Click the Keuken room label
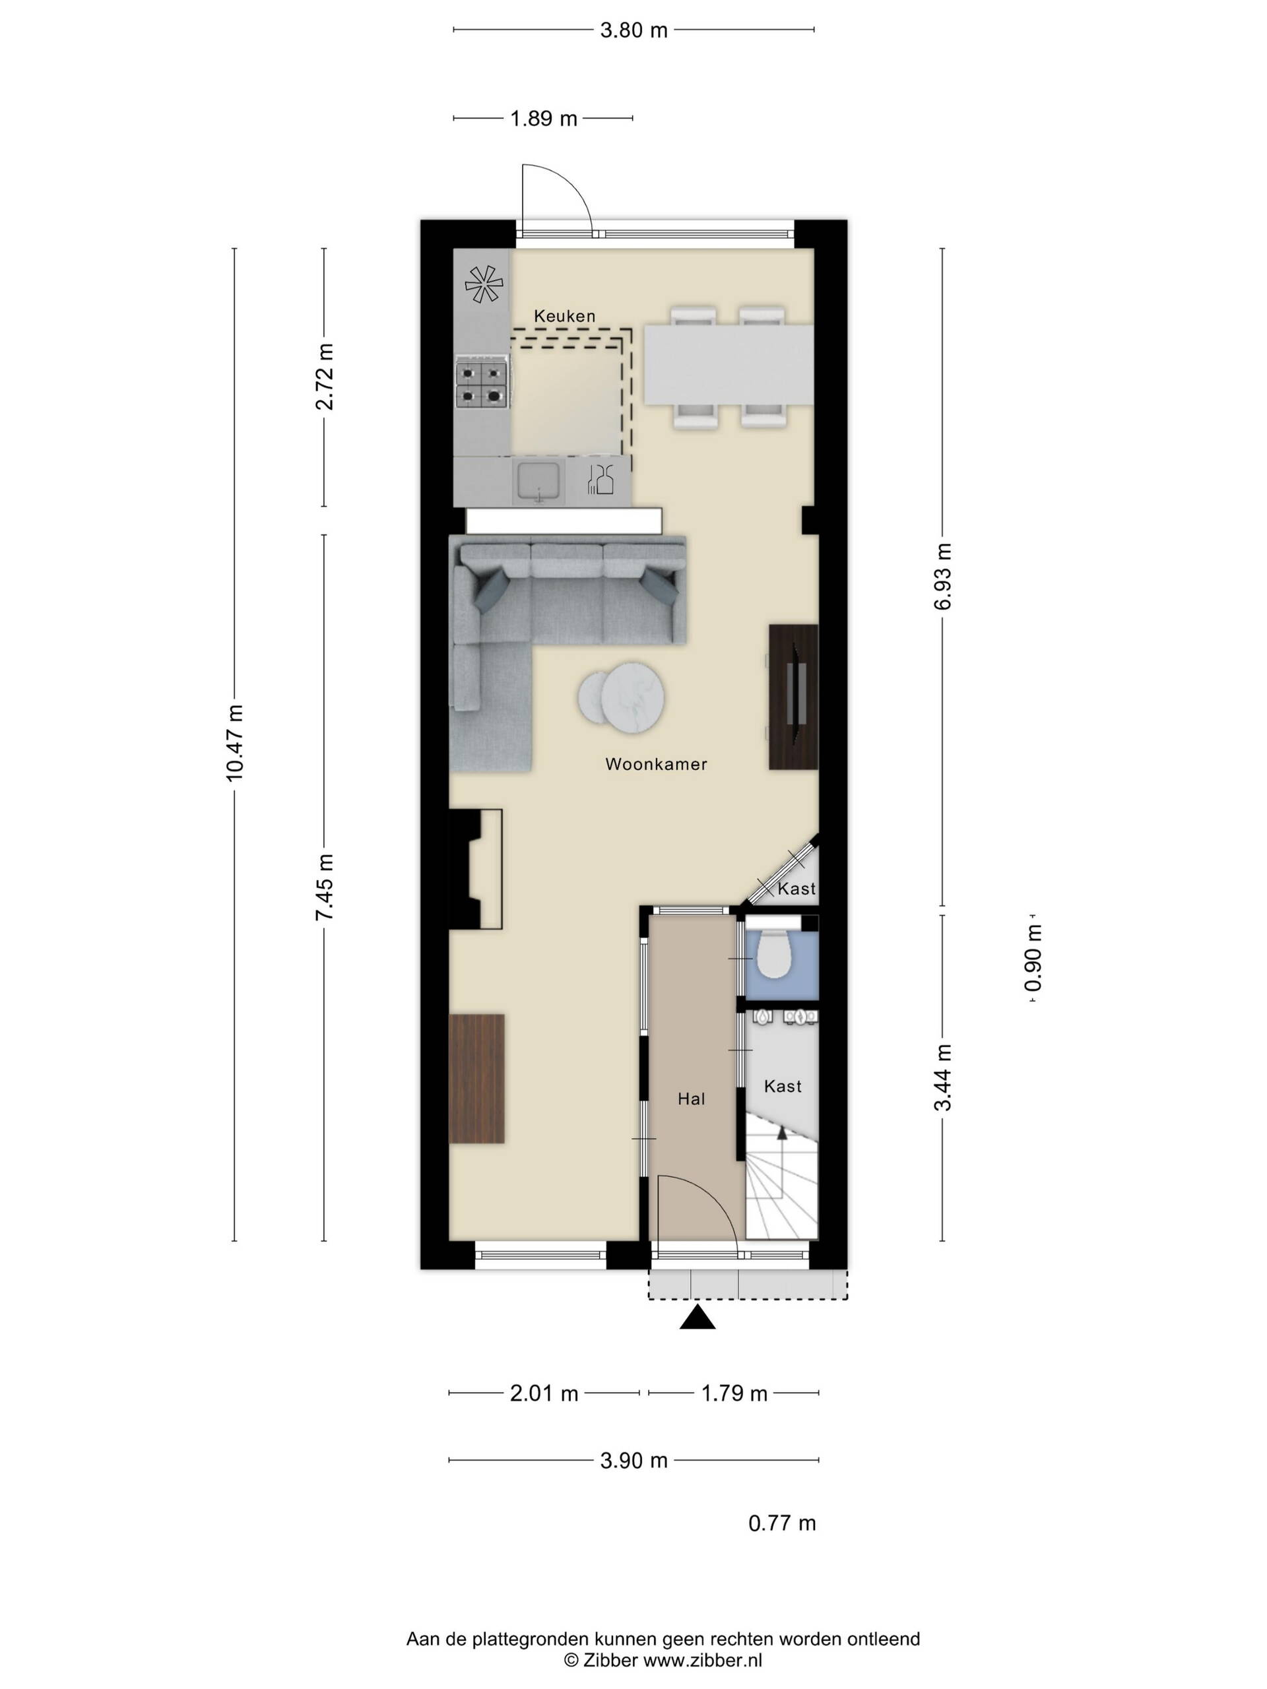tap(564, 315)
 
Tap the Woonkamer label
tap(656, 763)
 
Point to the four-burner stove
tap(482, 384)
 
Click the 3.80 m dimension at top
tap(634, 30)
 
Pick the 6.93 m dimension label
tap(942, 577)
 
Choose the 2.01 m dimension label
tap(544, 1393)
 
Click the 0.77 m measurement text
tap(782, 1523)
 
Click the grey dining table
tap(729, 364)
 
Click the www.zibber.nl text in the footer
tap(703, 1660)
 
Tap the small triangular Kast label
tap(796, 889)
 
